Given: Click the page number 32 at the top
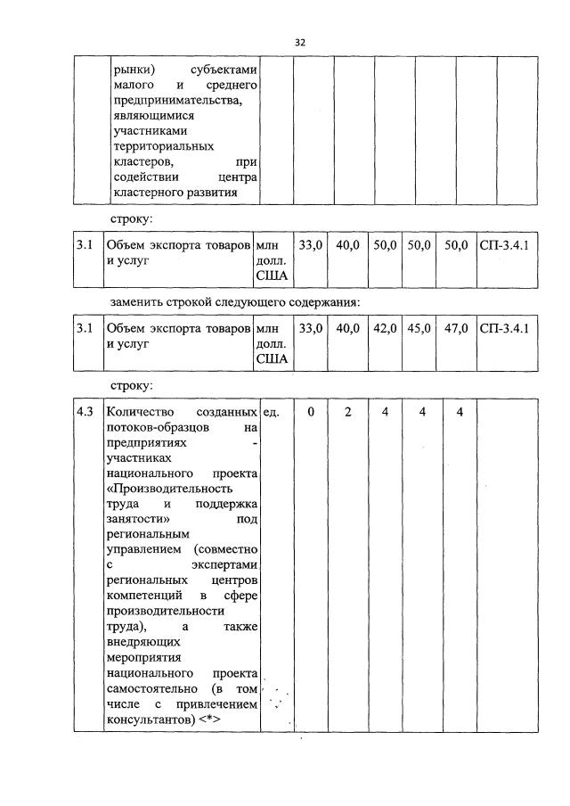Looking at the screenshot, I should [299, 42].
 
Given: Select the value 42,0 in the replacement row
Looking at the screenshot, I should [385, 328].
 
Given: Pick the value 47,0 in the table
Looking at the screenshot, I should [456, 328].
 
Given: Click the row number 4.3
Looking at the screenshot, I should [85, 412].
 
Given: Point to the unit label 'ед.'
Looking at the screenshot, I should [273, 412].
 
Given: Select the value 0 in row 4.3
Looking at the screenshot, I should [311, 412].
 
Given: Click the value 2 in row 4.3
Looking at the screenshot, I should [348, 412].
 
